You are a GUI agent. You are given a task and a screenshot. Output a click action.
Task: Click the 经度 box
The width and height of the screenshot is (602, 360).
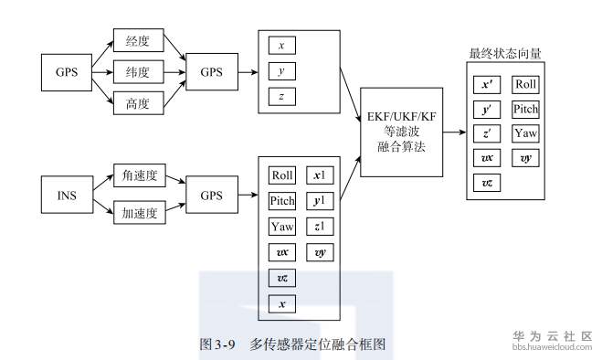(x=137, y=40)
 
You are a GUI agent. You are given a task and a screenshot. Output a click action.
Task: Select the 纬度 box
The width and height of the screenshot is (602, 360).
(x=137, y=71)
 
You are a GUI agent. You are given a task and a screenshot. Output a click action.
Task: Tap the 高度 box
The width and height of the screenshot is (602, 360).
(x=137, y=102)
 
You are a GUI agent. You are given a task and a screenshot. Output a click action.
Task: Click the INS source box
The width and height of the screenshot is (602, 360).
(x=66, y=196)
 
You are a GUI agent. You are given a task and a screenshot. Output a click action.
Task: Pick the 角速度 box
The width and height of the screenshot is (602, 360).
(x=137, y=175)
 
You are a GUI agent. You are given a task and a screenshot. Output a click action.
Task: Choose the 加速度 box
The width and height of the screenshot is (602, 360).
(x=137, y=216)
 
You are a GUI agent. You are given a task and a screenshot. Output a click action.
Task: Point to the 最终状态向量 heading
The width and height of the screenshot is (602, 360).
(x=505, y=53)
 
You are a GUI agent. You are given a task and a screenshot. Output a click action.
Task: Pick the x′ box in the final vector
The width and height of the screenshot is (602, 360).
(x=487, y=85)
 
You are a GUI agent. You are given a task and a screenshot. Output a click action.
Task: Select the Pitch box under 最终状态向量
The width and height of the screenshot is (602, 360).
(x=525, y=110)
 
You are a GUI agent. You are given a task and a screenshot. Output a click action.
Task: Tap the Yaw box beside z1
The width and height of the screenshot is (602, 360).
(x=282, y=227)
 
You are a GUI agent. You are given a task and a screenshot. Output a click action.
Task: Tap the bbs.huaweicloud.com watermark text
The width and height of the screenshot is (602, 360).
(x=551, y=348)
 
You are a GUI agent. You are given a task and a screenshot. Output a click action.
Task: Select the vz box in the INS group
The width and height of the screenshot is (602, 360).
(x=282, y=278)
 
